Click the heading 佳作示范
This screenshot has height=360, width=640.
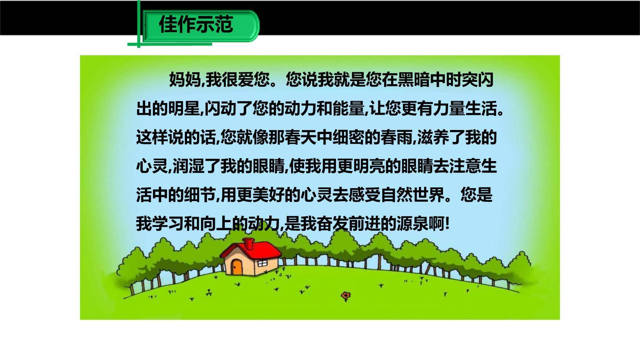point(196,25)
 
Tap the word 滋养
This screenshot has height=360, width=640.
point(433,137)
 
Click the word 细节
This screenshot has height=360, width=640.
point(200,195)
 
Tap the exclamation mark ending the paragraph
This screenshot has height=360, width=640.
point(448,224)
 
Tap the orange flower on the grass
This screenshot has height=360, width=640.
point(346,296)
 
